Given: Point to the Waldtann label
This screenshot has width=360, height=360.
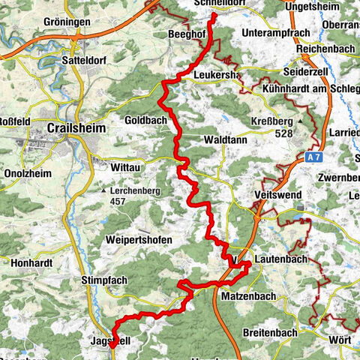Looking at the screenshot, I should point(224,139).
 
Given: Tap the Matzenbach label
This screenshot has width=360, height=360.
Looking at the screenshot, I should point(251,296).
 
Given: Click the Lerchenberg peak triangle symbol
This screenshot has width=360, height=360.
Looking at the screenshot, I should point(104,191).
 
